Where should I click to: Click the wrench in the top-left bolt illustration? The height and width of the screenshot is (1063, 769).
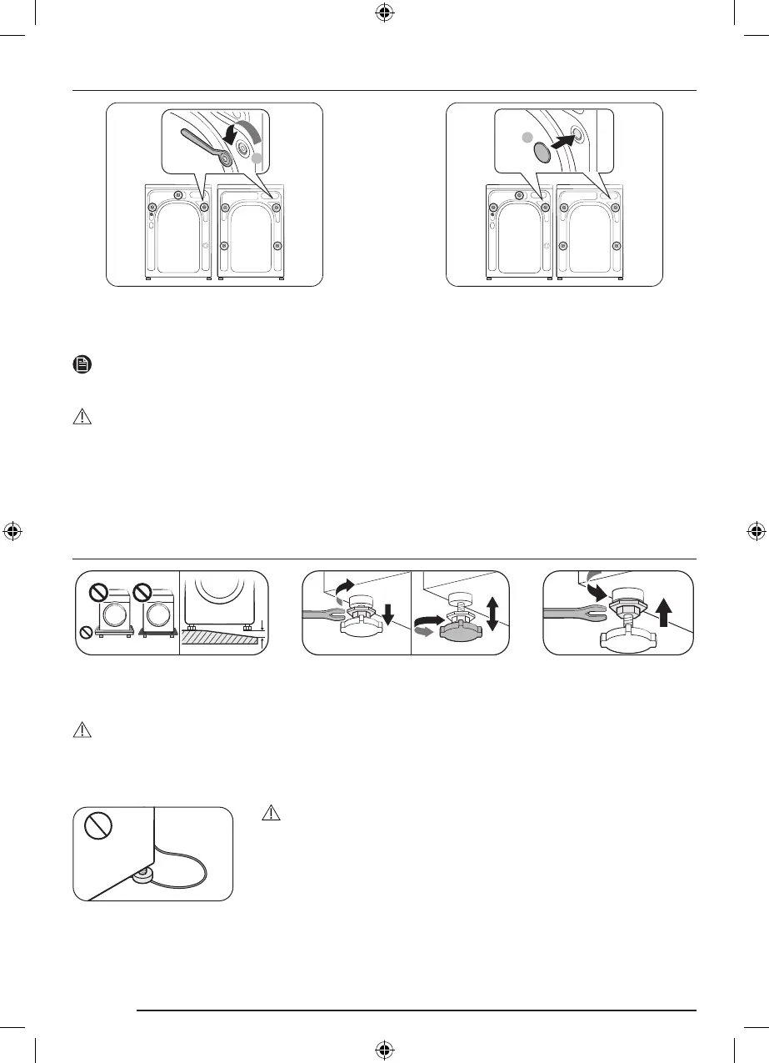tap(201, 142)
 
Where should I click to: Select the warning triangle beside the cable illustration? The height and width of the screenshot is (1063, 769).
tap(268, 812)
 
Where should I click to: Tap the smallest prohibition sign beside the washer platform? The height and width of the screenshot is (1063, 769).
tap(84, 631)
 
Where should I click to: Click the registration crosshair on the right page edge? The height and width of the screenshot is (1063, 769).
tap(755, 530)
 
